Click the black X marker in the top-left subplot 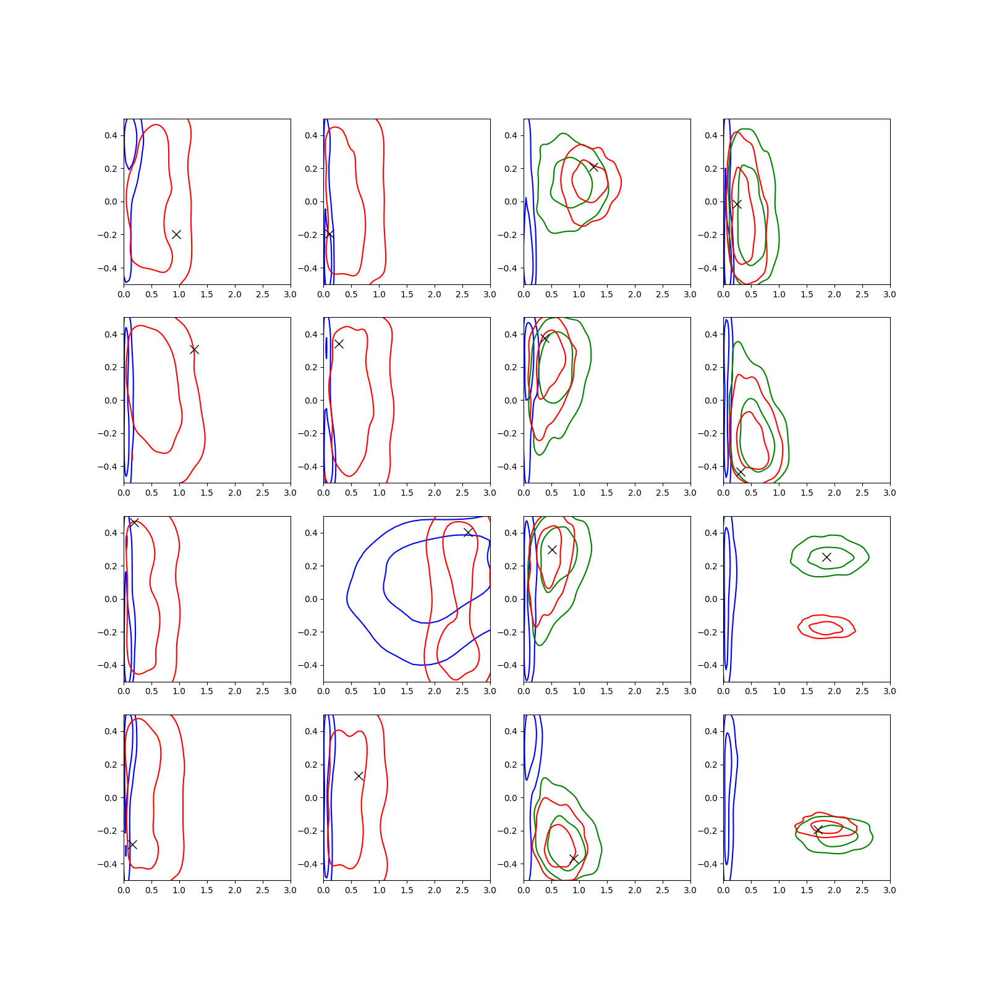point(176,234)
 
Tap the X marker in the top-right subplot point(737,204)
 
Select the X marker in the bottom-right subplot point(818,830)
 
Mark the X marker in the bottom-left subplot point(132,844)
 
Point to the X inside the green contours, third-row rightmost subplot point(826,557)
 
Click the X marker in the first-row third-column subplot point(593,167)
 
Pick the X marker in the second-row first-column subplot point(194,349)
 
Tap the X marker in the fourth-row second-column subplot point(359,776)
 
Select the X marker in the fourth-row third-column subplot point(574,859)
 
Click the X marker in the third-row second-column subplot point(468,532)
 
